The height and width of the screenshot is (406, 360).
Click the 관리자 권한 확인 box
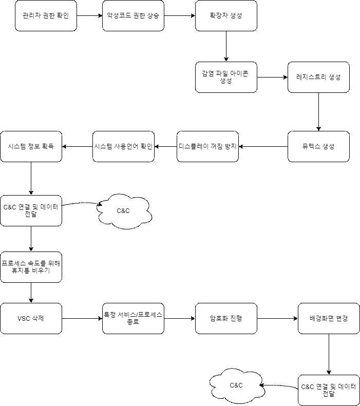point(46,15)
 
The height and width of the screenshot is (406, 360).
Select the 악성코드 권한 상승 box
point(134,15)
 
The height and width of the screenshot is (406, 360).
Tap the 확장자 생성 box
point(226,15)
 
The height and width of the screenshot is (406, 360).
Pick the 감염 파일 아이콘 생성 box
point(226,77)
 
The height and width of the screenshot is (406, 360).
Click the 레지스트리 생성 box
point(318,77)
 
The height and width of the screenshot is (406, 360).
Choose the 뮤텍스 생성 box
point(318,146)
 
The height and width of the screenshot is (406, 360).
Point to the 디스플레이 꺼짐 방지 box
point(208,146)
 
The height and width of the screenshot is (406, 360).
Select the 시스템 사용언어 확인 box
point(123,146)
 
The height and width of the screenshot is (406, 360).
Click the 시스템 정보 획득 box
point(31,146)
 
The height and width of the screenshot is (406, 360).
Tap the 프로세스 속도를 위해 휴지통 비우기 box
point(31,267)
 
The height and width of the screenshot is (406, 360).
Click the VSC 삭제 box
point(31,318)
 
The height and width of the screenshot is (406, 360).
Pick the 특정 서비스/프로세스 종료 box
point(134,318)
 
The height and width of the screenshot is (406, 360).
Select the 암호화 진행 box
point(226,318)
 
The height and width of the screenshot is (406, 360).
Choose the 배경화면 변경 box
point(329,318)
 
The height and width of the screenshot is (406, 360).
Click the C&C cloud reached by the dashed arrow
point(124,210)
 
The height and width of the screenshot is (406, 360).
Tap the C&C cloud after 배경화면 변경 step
point(236,385)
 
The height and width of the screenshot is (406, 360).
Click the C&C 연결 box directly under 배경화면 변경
point(329,390)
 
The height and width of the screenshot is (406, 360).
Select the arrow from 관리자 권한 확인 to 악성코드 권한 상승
point(90,15)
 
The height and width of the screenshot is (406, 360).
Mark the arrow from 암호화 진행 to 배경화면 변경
point(277,318)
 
